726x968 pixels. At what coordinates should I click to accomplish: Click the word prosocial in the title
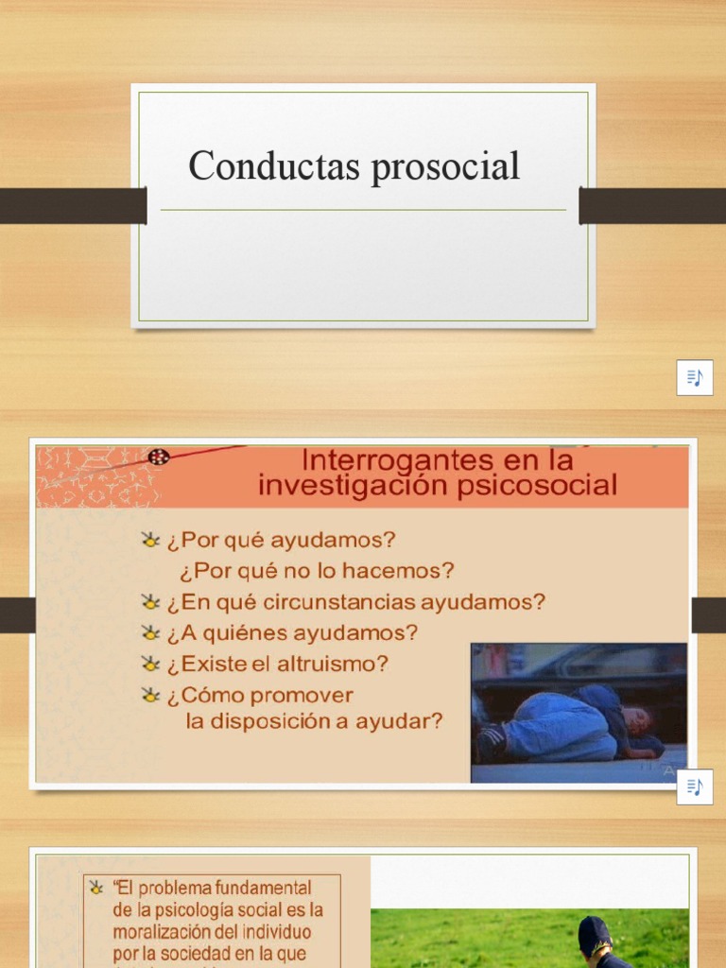click(445, 167)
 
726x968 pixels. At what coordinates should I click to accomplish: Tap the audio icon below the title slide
click(695, 377)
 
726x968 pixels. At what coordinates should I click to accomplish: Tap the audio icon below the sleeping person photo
click(695, 786)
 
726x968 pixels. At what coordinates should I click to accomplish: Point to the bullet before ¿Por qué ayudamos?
click(150, 541)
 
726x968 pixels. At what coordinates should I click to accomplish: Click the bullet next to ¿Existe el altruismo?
click(150, 664)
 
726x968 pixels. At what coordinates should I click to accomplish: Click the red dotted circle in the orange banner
click(159, 458)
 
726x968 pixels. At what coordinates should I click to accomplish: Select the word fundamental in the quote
click(264, 889)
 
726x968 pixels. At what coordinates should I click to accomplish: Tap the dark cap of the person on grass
click(594, 933)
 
